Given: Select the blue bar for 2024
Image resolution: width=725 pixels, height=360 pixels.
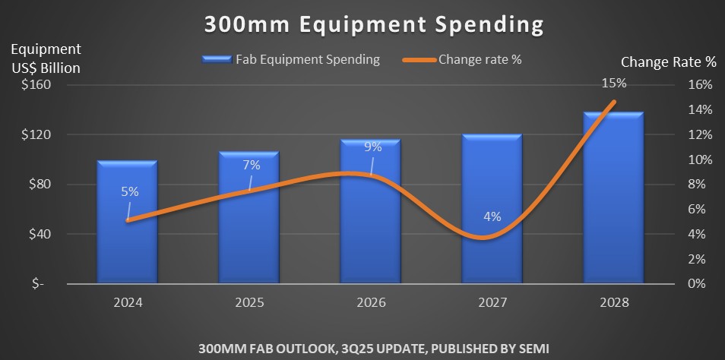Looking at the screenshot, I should (127, 228).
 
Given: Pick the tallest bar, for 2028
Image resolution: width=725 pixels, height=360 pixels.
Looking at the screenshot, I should (613, 205).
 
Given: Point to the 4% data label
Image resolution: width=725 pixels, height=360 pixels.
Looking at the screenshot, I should (492, 216).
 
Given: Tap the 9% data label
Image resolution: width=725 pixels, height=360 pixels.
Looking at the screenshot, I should (372, 147).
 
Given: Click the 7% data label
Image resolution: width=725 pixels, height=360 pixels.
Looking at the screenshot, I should (252, 164).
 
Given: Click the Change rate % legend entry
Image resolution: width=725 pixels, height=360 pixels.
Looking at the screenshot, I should (479, 59).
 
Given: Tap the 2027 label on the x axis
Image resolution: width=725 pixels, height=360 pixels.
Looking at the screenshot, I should (492, 302).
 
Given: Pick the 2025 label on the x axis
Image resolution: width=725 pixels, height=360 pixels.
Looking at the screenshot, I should (249, 302).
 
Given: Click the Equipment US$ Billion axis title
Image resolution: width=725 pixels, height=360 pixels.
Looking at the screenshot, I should (45, 58).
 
